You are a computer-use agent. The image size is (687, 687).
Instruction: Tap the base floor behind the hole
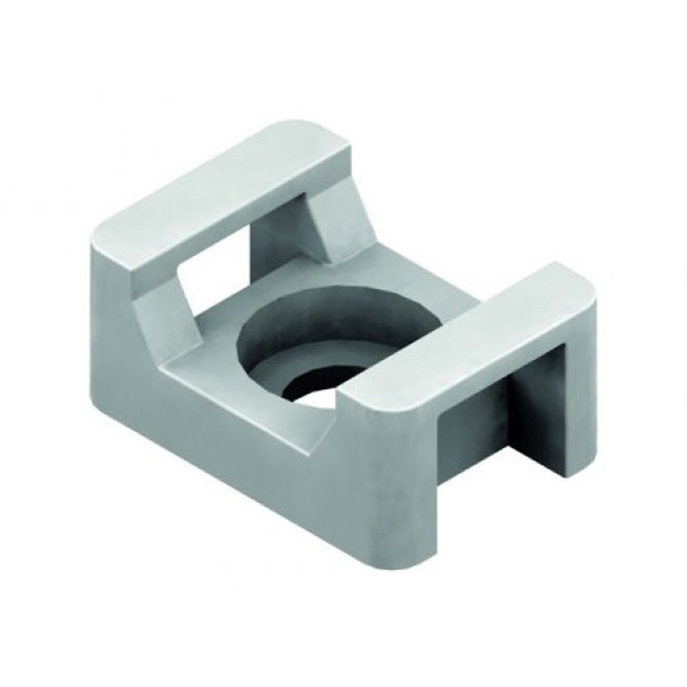pos(343,275)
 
